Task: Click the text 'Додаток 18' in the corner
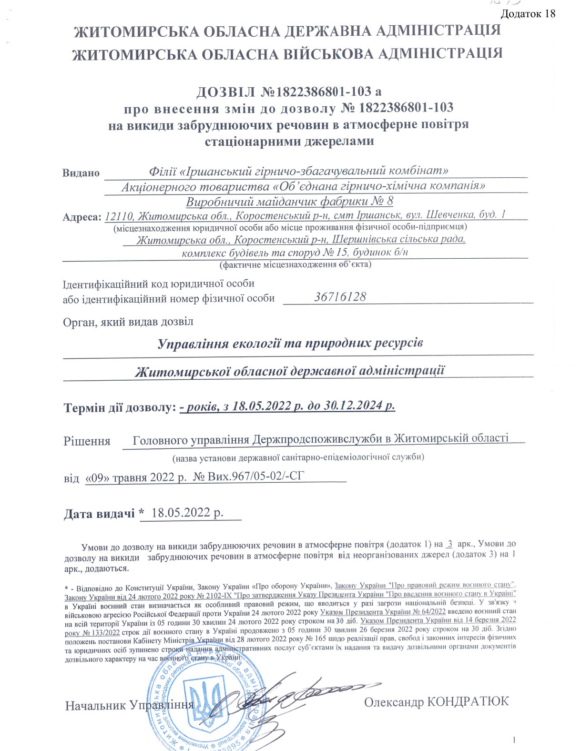pos(529,13)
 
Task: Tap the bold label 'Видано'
pos(81,173)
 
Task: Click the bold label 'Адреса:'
pos(82,217)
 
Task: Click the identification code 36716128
pos(340,297)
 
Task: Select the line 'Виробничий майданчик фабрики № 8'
pos(289,201)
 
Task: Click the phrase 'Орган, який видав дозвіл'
pos(128,322)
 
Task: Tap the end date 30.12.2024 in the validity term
pos(354,406)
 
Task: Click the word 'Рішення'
pos(87,441)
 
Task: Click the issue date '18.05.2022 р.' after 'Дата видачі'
pos(187,513)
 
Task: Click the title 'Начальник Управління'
pos(129,705)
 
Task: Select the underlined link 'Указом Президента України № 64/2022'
pos(383,611)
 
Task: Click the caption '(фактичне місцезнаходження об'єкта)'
pos(295,264)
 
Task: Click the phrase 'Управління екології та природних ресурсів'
pos(290,344)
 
